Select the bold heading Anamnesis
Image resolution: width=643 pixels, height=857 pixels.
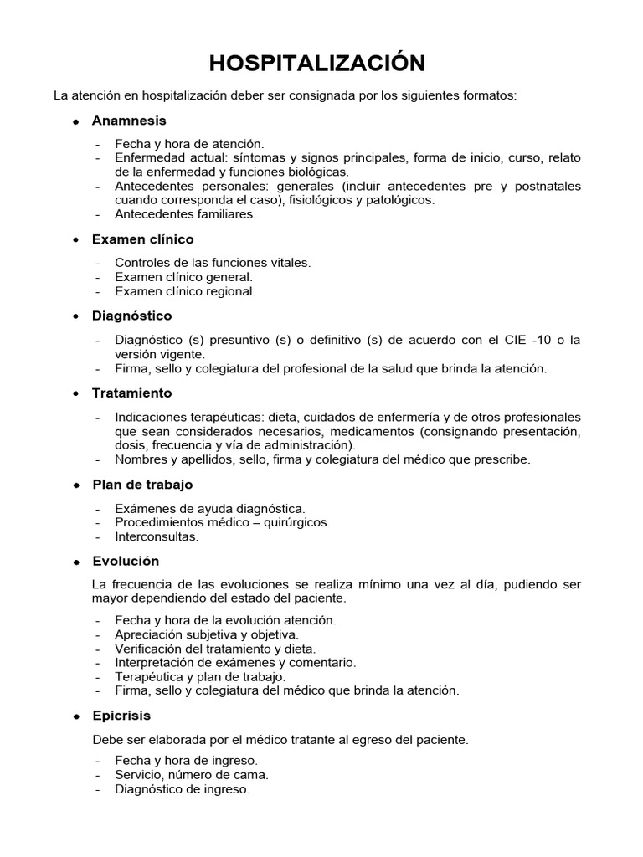(x=129, y=121)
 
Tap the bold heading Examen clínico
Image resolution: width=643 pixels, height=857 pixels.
(x=142, y=239)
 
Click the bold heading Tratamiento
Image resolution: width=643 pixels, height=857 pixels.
(x=131, y=393)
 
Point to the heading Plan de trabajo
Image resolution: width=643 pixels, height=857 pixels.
(x=142, y=485)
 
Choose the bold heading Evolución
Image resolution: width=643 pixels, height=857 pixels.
(x=126, y=561)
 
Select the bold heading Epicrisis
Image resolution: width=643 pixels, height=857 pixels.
(x=121, y=716)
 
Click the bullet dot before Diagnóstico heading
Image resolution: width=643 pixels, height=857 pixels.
(x=75, y=316)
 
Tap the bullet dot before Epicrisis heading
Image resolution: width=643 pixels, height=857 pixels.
(x=75, y=717)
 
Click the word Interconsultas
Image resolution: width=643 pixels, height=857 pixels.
(x=157, y=536)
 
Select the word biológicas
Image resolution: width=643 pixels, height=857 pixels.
(x=314, y=172)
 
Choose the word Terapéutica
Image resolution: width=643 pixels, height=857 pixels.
(x=149, y=676)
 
